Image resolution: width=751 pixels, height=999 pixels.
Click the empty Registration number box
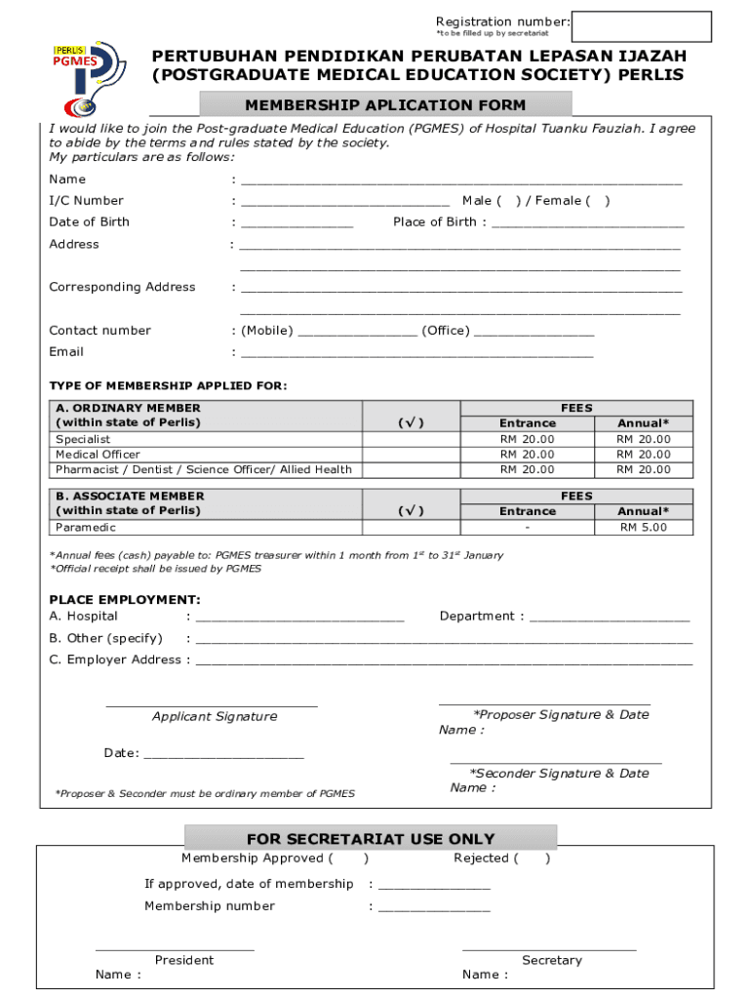click(x=642, y=26)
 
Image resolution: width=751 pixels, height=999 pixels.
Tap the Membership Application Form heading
click(x=385, y=105)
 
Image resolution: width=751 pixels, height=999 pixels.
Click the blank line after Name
click(x=461, y=181)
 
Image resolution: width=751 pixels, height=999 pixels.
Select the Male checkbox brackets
click(x=509, y=201)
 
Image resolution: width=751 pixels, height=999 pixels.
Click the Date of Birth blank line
click(x=296, y=224)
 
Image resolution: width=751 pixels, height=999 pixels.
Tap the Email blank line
click(x=416, y=354)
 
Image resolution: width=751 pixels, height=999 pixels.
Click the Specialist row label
click(x=83, y=439)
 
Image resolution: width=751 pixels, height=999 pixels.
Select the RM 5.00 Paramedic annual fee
click(x=644, y=528)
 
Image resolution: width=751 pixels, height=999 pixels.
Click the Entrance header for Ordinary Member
click(x=528, y=423)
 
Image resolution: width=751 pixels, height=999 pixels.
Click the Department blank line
click(x=610, y=619)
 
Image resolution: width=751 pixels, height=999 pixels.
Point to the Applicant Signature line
click(x=212, y=703)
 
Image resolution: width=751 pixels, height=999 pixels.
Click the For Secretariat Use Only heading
click(x=371, y=839)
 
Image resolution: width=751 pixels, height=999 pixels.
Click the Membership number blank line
click(x=434, y=908)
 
